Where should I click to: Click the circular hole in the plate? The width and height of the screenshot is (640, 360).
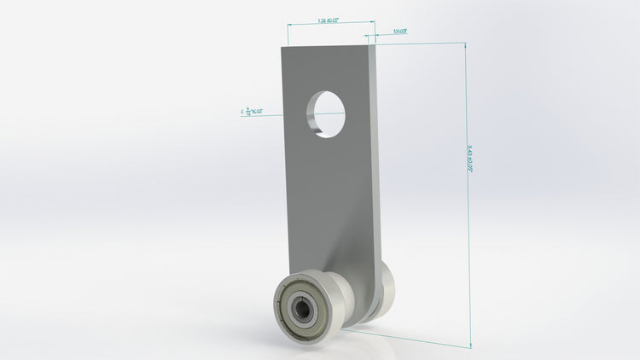pos(329,111)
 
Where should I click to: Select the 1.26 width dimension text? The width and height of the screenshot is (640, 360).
pos(329,20)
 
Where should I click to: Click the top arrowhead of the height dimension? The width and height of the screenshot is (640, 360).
pos(466,47)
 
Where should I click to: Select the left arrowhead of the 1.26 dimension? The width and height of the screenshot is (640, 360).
pos(290,25)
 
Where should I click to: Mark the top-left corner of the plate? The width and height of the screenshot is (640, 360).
pos(282,48)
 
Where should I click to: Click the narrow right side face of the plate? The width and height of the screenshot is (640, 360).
pos(374,154)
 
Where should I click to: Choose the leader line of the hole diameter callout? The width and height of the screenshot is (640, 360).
pos(282,111)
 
